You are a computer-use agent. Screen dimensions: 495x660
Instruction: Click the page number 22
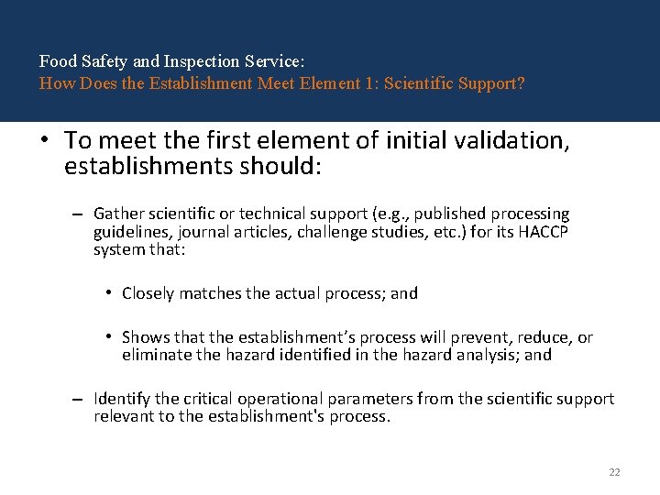tap(614, 472)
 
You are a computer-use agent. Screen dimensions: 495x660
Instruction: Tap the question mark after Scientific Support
tap(521, 83)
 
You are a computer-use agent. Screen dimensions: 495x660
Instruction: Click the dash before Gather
tap(79, 214)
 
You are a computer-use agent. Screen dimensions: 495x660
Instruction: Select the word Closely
tap(148, 293)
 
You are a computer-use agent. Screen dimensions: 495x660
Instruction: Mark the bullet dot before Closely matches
tap(108, 293)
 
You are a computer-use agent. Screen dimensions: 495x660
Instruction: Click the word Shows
tap(145, 337)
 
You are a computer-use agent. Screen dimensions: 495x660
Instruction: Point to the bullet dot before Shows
tap(108, 337)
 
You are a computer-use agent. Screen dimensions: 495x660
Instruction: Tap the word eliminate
tap(157, 355)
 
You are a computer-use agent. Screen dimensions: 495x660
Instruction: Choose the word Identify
tap(123, 399)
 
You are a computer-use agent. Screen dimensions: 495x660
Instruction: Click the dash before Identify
tap(79, 400)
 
